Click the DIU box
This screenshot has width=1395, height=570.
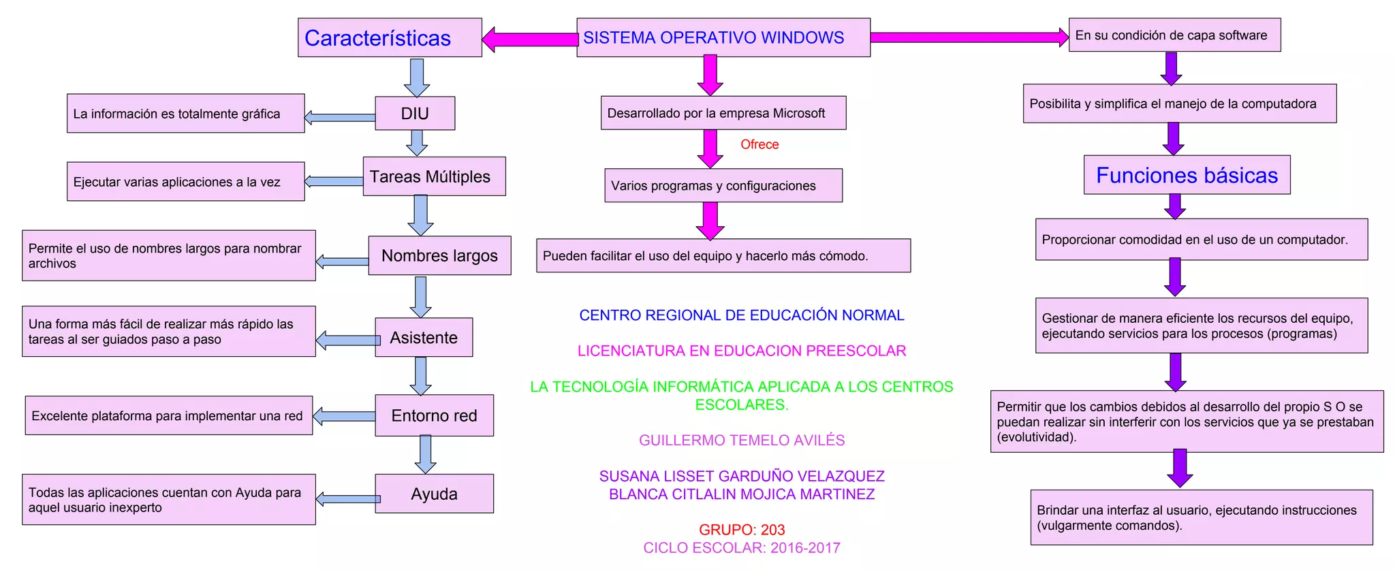415,114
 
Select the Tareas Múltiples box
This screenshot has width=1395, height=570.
434,176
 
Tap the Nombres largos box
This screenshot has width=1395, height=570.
439,255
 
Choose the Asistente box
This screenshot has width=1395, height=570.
424,337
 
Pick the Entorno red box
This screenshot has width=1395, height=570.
434,415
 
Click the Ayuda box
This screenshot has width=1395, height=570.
434,494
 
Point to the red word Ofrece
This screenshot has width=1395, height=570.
759,144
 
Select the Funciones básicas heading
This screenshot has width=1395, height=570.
1187,175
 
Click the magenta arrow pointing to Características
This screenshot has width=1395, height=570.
529,39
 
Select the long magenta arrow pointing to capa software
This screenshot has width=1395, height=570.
969,37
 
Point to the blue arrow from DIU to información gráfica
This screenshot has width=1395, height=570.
340,118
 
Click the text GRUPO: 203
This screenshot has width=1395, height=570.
742,530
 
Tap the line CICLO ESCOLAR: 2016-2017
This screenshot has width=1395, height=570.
742,548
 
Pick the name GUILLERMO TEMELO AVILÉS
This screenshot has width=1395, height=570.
742,441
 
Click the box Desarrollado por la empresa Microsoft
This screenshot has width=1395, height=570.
723,113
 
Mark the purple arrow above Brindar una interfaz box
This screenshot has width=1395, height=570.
1180,468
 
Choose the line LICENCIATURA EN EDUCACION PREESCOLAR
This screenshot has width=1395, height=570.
742,351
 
